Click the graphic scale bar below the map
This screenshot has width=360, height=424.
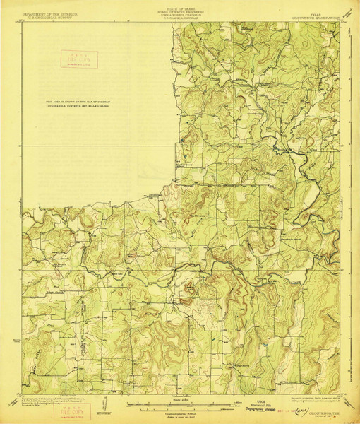coord(180,405)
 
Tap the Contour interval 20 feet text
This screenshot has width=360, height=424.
coord(180,411)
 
